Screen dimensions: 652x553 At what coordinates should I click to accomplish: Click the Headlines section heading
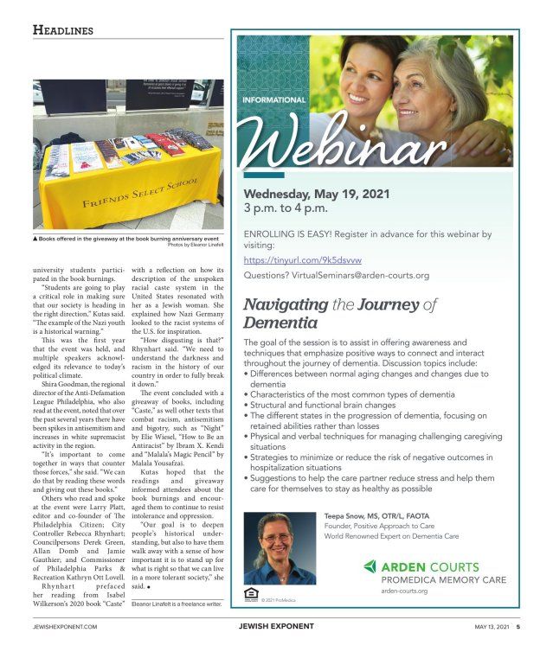[x=62, y=30]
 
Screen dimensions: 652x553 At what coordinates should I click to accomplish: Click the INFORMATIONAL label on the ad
[x=276, y=100]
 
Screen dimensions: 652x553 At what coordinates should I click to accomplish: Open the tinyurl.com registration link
[x=302, y=259]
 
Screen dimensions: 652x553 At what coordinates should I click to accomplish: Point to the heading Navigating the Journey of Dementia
[x=341, y=314]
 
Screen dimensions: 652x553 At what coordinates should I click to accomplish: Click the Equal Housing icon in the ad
[x=251, y=593]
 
